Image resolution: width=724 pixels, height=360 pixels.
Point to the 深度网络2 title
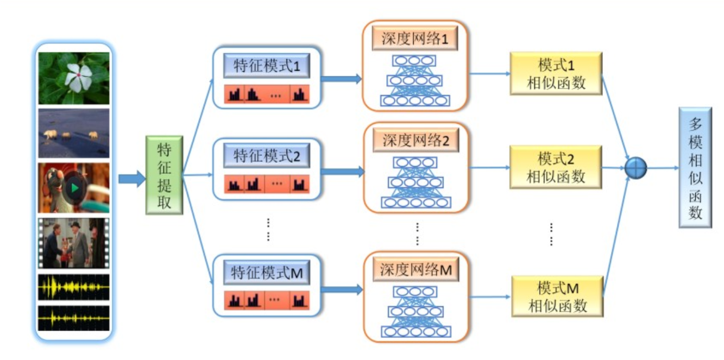coord(415,141)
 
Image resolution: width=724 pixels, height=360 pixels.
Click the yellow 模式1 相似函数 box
coord(556,73)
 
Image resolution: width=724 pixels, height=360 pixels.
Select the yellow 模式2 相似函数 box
coord(556,167)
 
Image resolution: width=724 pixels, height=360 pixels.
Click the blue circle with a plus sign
coord(635,167)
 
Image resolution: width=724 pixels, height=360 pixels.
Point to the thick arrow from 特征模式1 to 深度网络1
coord(341,79)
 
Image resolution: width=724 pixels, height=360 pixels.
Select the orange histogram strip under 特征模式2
coord(266,185)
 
